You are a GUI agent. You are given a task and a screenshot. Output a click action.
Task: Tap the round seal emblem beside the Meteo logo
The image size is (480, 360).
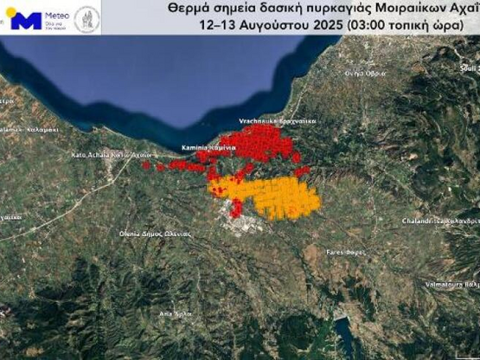86,18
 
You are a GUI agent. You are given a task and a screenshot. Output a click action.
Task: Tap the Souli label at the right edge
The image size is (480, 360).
468,66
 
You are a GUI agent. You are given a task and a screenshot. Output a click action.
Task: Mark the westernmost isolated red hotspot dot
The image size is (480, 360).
146,164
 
